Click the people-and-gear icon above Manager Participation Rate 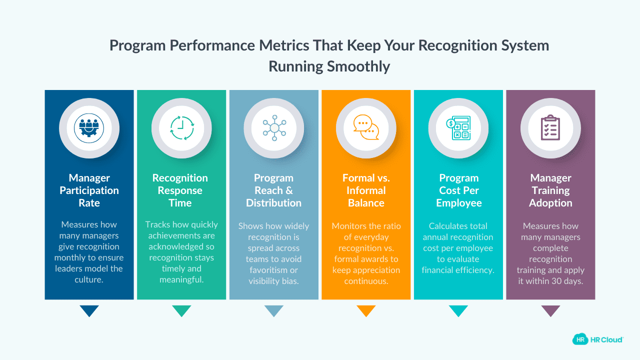click(x=89, y=128)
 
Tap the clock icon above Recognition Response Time click(x=181, y=128)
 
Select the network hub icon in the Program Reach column click(x=273, y=128)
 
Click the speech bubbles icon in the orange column click(x=366, y=128)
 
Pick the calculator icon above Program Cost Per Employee click(x=458, y=128)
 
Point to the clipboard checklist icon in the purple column click(x=550, y=128)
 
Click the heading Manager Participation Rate click(x=89, y=190)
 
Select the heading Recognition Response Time click(x=180, y=190)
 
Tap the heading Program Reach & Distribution click(x=273, y=190)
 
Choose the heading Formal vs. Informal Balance click(x=366, y=190)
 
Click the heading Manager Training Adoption click(x=550, y=190)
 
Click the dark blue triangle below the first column click(x=89, y=310)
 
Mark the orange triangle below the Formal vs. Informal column click(x=366, y=310)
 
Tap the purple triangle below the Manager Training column click(x=550, y=310)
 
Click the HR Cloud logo click(x=598, y=339)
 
